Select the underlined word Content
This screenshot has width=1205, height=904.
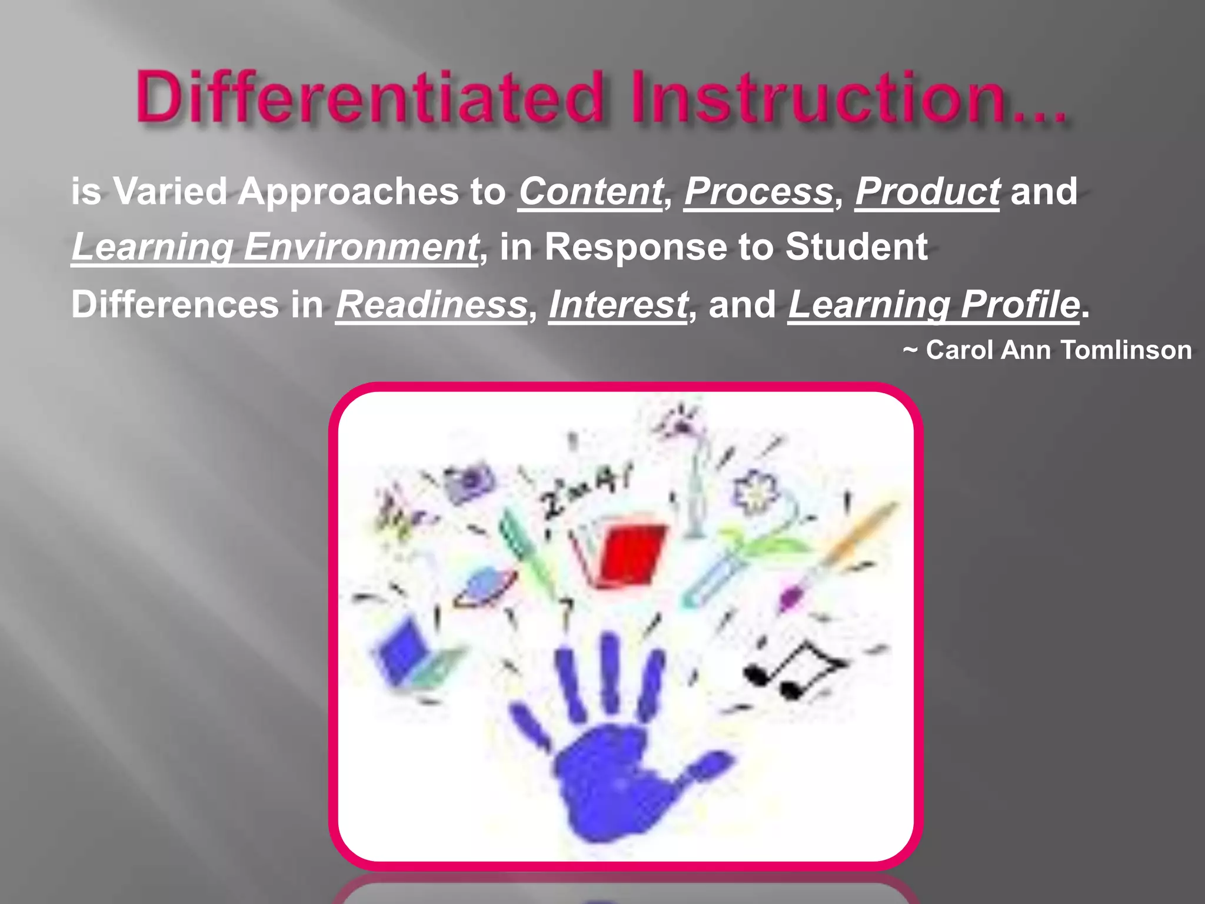[x=590, y=192]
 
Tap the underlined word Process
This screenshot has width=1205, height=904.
[x=758, y=192]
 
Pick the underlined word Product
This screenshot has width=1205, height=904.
[x=927, y=192]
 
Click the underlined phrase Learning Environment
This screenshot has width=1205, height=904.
[x=275, y=247]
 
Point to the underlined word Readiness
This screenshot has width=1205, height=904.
[x=431, y=305]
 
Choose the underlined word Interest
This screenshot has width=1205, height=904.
[x=618, y=305]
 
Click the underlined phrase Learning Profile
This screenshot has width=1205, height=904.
[x=934, y=305]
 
